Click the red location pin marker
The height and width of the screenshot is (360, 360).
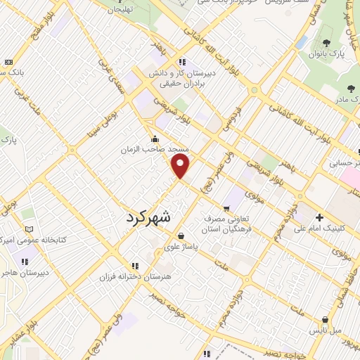[x=181, y=166]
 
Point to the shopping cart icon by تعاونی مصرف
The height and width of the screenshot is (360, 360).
[x=226, y=208]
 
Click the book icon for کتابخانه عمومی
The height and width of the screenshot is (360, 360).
[x=29, y=229]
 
